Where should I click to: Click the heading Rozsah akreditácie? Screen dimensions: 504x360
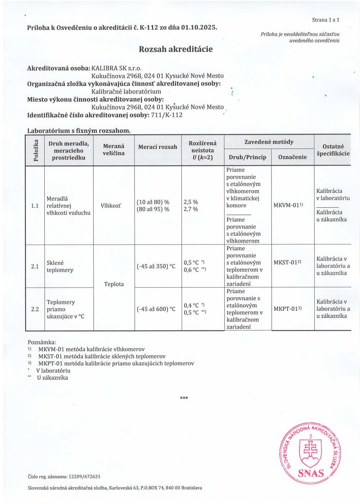click(176, 49)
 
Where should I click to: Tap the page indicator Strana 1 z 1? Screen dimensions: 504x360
click(325, 20)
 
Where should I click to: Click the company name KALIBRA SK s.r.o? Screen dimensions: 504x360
click(116, 68)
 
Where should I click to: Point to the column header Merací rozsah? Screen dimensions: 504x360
click(158, 147)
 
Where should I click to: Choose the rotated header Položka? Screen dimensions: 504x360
click(35, 150)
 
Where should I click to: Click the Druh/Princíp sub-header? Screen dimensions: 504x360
click(247, 157)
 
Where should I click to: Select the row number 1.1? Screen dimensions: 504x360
click(35, 206)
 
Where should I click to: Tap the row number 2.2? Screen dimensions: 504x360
click(35, 309)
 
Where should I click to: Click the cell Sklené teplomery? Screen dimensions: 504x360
click(60, 266)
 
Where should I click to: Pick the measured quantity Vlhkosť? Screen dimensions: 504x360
click(111, 206)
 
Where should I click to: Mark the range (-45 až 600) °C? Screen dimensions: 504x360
click(156, 309)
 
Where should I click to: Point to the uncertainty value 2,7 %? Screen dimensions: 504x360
click(191, 209)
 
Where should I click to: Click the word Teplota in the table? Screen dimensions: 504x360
click(114, 284)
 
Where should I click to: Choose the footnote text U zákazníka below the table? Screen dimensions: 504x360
click(52, 378)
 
